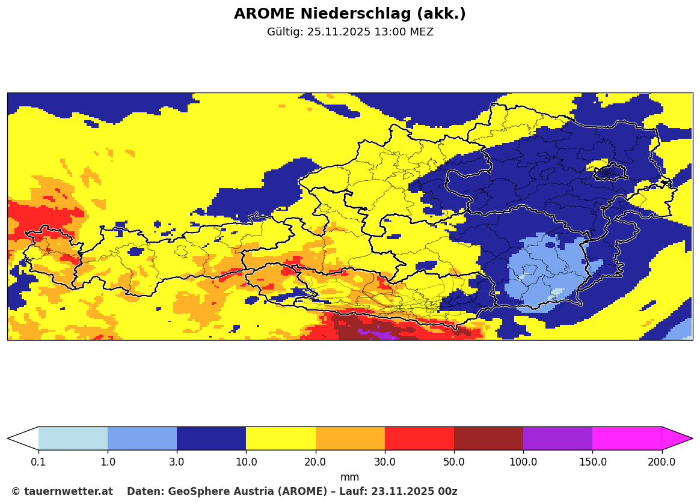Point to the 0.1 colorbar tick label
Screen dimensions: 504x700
pos(38,462)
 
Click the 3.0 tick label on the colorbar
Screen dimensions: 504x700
pos(177,462)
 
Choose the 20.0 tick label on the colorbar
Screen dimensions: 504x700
pos(315,462)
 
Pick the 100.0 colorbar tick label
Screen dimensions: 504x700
pos(523,462)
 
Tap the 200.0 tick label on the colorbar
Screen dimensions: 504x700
pos(662,462)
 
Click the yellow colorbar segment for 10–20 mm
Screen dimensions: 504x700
pos(281,439)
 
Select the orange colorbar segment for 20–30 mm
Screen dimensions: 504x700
pos(350,439)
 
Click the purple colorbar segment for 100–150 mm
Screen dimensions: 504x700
pos(557,439)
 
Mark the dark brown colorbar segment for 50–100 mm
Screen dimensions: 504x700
pos(488,439)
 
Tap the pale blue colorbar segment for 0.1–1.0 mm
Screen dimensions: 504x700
pos(73,439)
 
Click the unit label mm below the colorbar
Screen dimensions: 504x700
pos(349,478)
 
